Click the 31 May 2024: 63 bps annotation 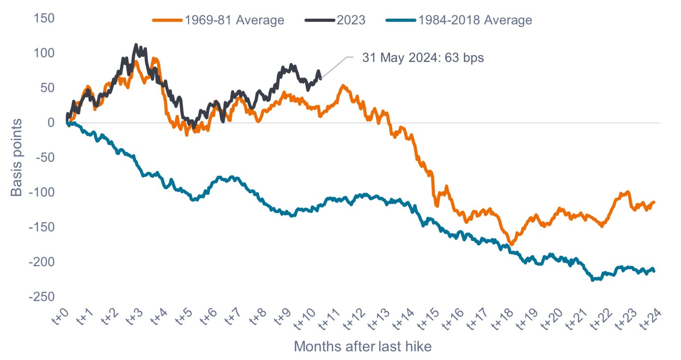(x=423, y=58)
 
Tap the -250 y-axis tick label (x=42, y=297)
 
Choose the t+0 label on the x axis (x=61, y=318)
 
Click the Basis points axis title (x=16, y=157)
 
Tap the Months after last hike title (x=362, y=346)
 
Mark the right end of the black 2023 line (x=321, y=78)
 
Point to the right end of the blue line (x=654, y=271)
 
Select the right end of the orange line (x=654, y=202)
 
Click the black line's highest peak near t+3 (x=136, y=45)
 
